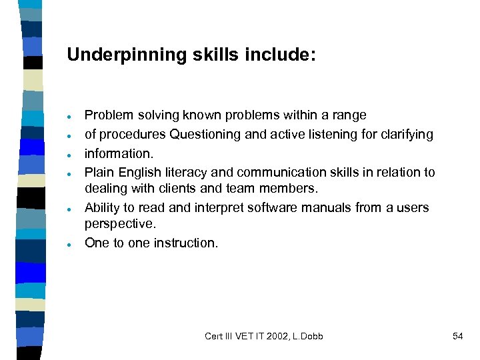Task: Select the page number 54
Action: tap(457, 337)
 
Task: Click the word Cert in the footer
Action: tap(214, 337)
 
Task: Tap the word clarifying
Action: tap(407, 135)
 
